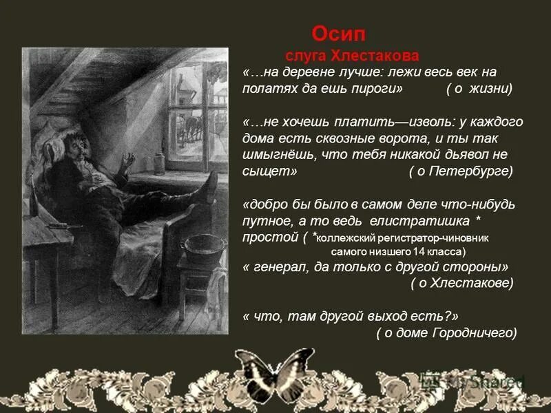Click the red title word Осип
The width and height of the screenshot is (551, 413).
coord(339,34)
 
